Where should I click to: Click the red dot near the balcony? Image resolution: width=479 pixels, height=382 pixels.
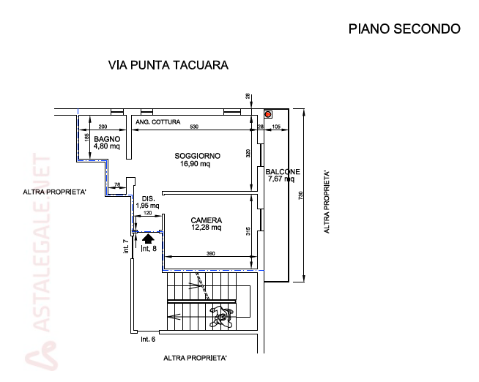pyautogui.click(x=268, y=114)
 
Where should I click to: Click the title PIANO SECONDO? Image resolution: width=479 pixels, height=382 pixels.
pyautogui.click(x=405, y=29)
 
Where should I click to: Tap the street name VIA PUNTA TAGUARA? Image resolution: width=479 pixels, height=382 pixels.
pyautogui.click(x=168, y=65)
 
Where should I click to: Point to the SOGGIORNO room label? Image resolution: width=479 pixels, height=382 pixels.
pyautogui.click(x=197, y=156)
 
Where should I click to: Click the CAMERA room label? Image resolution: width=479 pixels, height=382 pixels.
pyautogui.click(x=206, y=220)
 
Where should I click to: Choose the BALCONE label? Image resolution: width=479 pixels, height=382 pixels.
pyautogui.click(x=281, y=171)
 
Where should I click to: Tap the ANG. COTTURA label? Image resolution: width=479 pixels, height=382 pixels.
pyautogui.click(x=157, y=121)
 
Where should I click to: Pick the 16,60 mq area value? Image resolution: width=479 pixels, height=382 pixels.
pyautogui.click(x=195, y=164)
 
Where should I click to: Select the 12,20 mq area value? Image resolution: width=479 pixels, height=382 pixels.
pyautogui.click(x=206, y=228)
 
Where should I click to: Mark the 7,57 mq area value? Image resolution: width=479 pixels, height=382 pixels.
pyautogui.click(x=281, y=178)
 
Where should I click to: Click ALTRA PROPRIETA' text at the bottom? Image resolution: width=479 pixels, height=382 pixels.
pyautogui.click(x=195, y=359)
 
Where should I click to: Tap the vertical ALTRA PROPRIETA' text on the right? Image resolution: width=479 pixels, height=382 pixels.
pyautogui.click(x=327, y=203)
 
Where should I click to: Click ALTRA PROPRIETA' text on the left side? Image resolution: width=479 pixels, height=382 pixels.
pyautogui.click(x=55, y=192)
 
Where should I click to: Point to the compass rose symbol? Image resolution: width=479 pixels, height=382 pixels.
pyautogui.click(x=220, y=315)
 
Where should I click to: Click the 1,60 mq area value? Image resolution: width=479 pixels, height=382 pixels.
pyautogui.click(x=146, y=206)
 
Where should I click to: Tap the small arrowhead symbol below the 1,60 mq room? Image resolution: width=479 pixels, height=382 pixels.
pyautogui.click(x=147, y=237)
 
